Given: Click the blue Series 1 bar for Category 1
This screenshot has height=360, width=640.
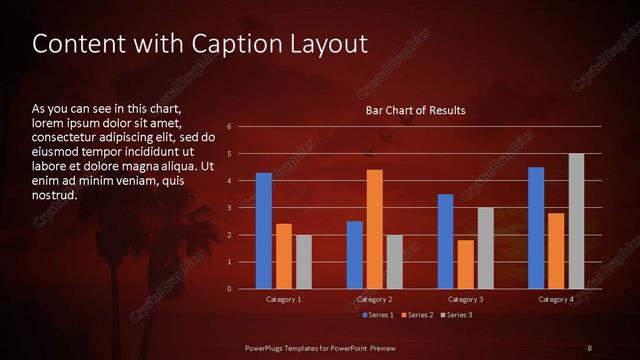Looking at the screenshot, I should (264, 231).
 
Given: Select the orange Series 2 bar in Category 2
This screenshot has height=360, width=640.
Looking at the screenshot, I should (375, 229).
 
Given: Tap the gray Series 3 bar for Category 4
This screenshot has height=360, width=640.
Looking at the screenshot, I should (576, 221).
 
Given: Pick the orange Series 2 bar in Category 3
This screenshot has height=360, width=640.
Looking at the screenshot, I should (466, 264).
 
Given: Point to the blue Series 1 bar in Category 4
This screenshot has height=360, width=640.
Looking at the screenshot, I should (536, 228).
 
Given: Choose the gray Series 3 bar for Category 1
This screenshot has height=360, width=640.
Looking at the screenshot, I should (304, 262).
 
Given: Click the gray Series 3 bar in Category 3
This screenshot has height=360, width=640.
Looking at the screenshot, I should (486, 248).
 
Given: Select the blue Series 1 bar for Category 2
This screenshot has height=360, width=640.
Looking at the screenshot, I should (355, 255).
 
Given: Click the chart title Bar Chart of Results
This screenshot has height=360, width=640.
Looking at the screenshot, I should (415, 110).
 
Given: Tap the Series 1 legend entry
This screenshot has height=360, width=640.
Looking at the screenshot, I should (375, 316).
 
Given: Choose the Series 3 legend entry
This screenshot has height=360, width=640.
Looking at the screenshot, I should (455, 316).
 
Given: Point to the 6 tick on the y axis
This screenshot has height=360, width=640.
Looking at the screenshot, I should (229, 127).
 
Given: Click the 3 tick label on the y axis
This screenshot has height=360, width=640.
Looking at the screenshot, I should (229, 208).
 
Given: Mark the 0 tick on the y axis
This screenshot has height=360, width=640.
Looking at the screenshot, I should (229, 289).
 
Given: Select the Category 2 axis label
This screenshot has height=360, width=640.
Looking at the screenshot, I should (375, 300).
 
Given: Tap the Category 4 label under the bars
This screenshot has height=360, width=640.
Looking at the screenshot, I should (556, 300).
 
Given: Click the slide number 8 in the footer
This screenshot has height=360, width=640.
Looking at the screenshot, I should (589, 347).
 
